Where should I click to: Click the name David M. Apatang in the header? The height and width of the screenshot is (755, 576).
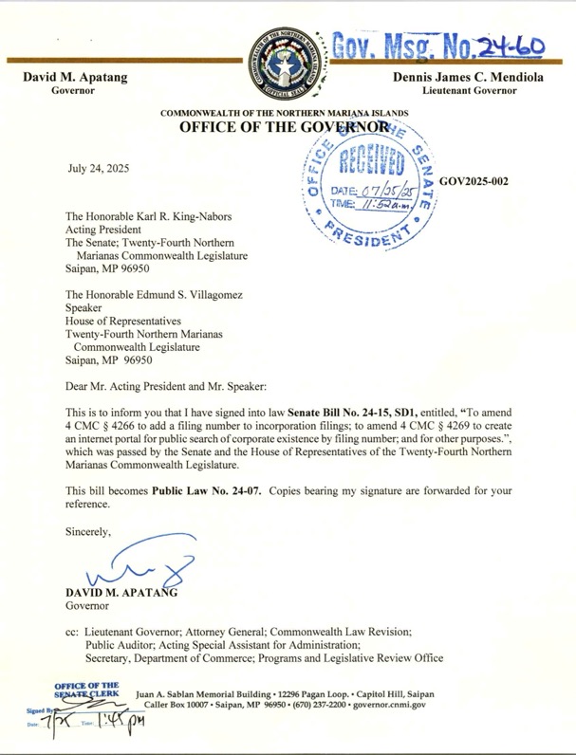point(70,76)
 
